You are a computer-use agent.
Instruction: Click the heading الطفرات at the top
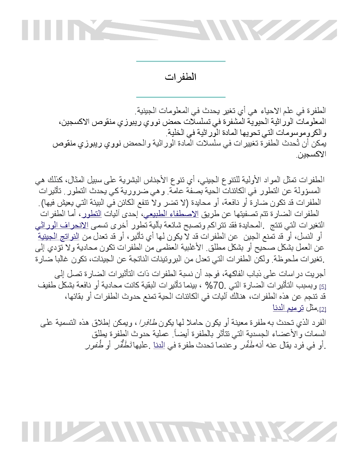click(180, 77)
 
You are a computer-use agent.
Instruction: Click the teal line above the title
click(180, 61)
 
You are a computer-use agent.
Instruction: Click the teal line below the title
click(180, 96)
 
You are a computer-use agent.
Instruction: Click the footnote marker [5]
click(322, 286)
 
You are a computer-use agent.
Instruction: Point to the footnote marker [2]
click(322, 309)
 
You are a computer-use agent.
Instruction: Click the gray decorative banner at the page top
click(179, 30)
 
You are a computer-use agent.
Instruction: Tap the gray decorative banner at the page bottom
click(179, 431)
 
